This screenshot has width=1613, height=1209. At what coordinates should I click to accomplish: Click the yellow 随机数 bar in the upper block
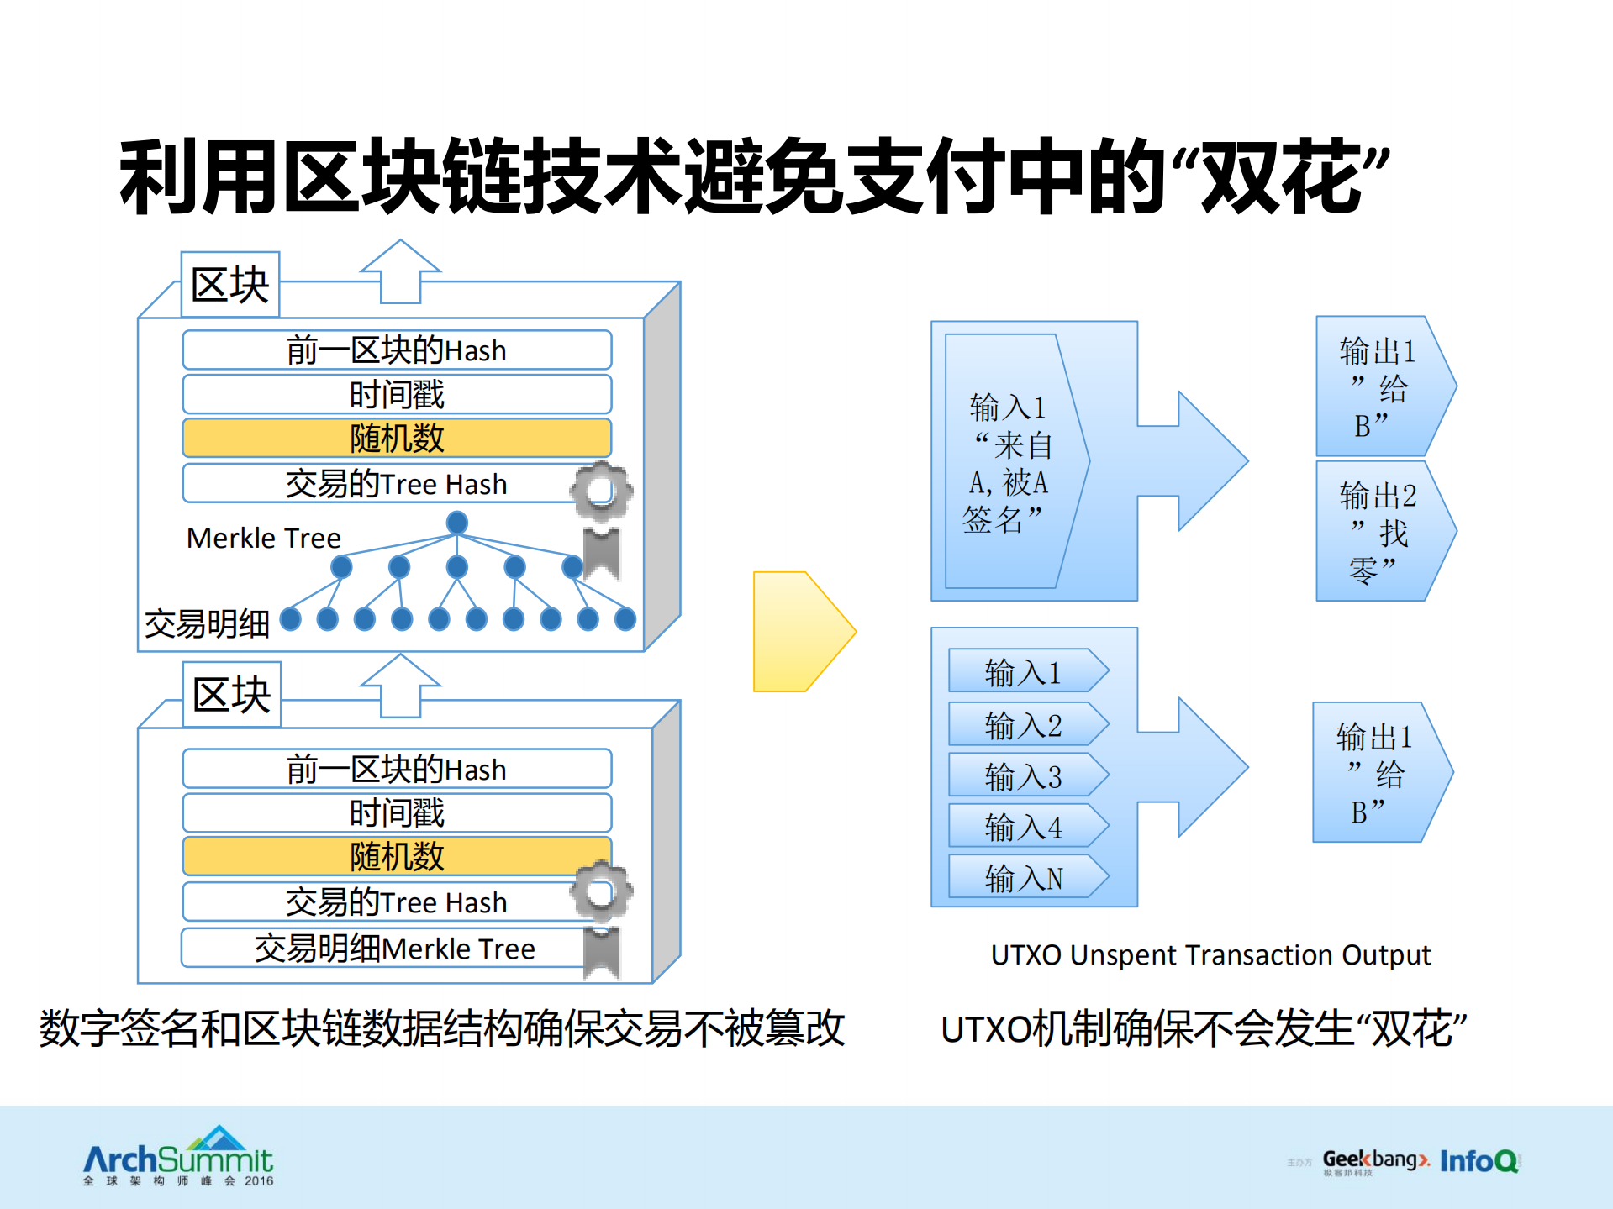tap(396, 438)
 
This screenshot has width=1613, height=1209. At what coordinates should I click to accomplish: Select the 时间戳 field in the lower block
tap(396, 812)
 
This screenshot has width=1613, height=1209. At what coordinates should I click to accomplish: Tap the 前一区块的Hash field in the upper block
tap(396, 350)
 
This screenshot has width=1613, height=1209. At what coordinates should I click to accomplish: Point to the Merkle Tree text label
tap(263, 538)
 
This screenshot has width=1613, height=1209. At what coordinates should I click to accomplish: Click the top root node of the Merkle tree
tap(456, 523)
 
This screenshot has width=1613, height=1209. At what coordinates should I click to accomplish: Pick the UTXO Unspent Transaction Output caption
tap(1210, 954)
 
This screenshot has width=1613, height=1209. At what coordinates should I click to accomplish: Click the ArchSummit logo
tap(178, 1158)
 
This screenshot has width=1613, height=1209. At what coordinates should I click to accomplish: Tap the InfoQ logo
tap(1479, 1161)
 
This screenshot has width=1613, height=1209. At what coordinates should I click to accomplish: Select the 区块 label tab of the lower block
tap(231, 695)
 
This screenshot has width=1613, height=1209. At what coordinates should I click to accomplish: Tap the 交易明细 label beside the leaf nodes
tap(207, 623)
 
